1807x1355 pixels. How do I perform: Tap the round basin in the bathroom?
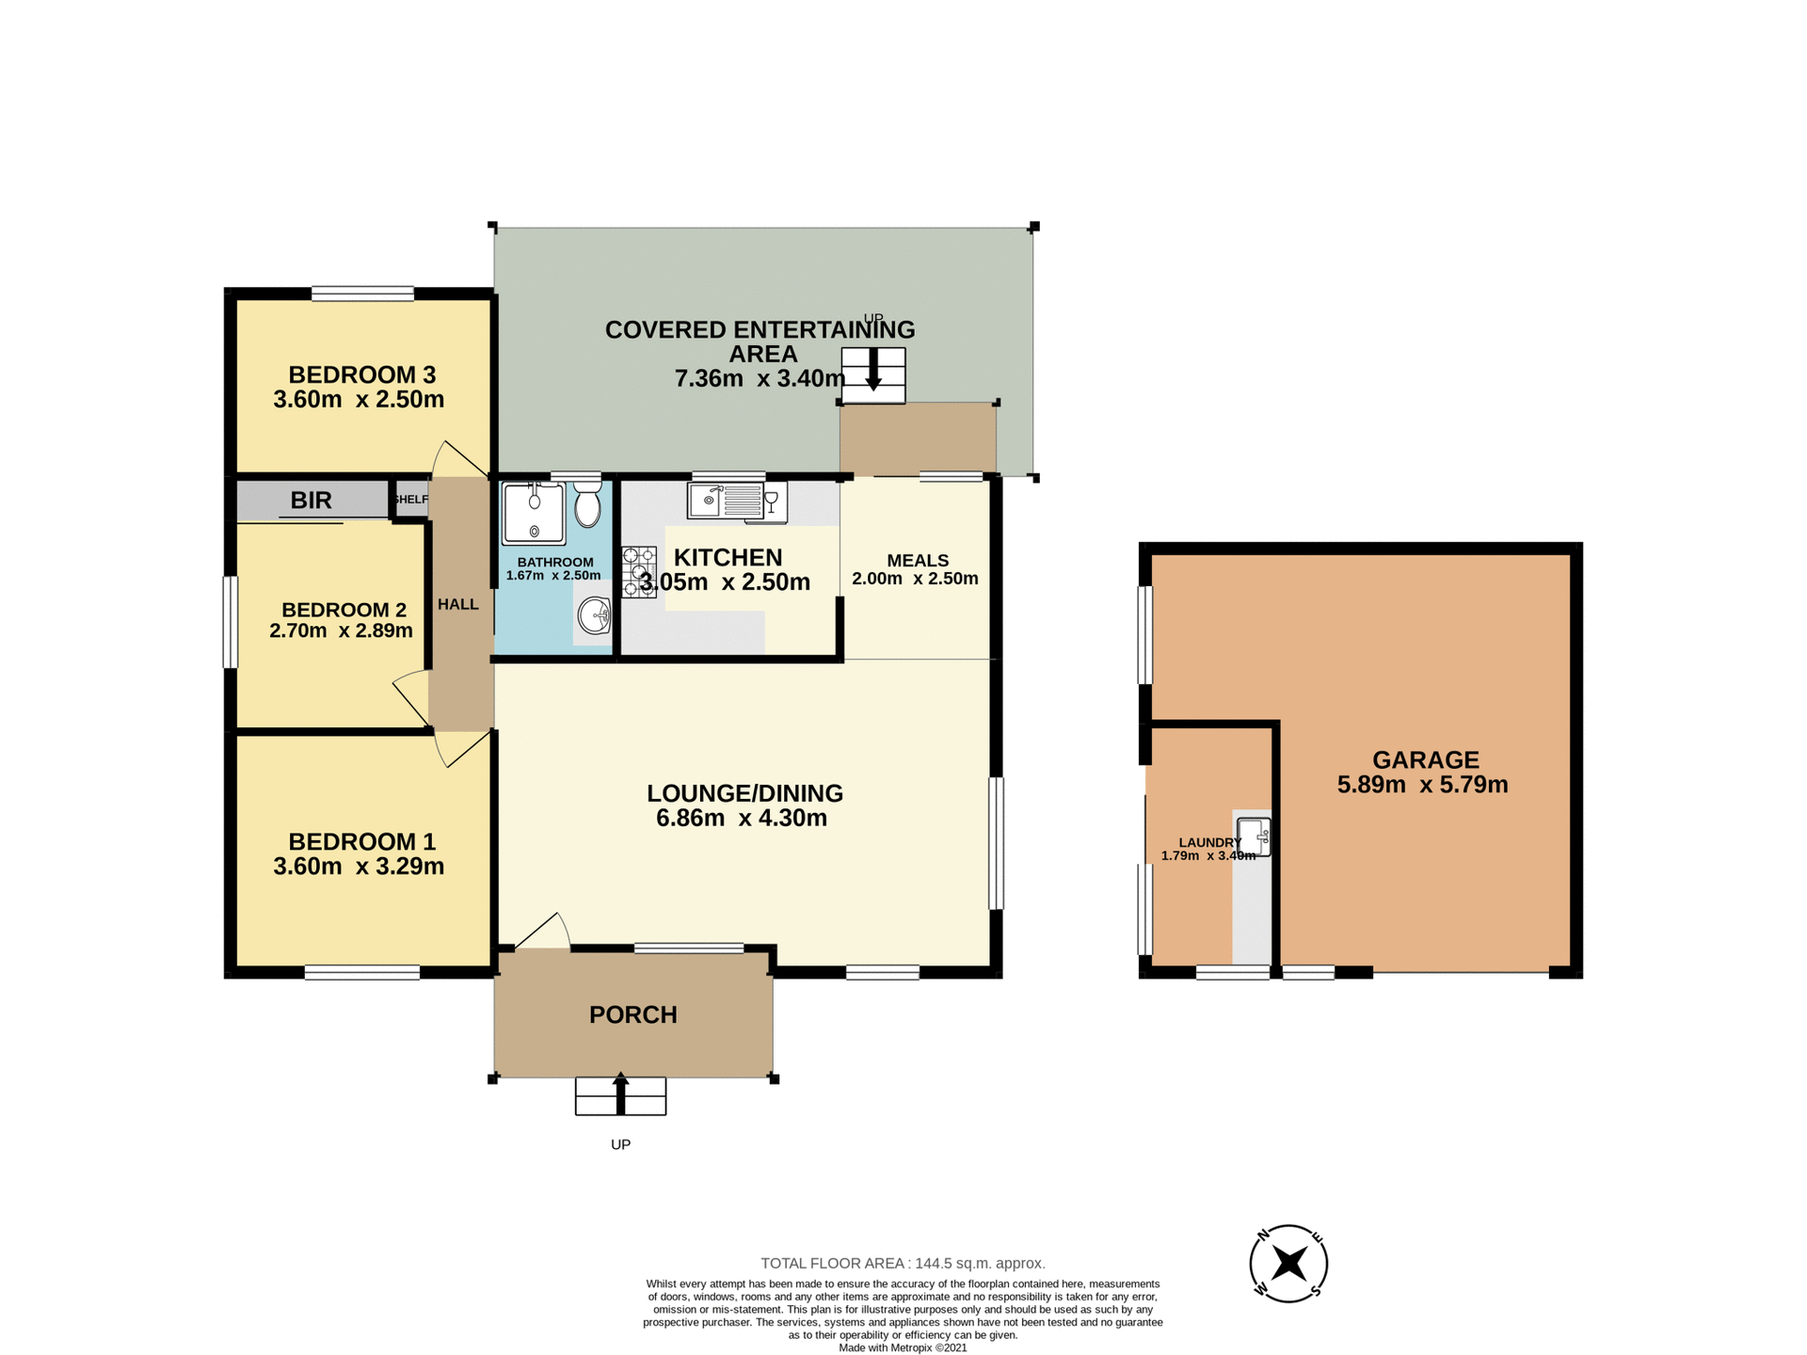click(595, 617)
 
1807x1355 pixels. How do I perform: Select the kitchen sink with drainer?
click(727, 501)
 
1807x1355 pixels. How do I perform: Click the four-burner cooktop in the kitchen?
click(639, 571)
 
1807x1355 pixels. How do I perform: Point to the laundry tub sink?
click(1254, 837)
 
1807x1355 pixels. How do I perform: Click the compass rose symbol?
click(1288, 1264)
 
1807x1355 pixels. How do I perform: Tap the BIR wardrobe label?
click(311, 501)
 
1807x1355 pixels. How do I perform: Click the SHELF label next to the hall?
click(410, 500)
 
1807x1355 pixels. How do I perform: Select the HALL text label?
click(458, 604)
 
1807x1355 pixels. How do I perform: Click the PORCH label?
click(633, 1014)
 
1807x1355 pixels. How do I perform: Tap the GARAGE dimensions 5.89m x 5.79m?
click(1422, 785)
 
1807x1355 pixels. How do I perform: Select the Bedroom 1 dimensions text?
click(359, 867)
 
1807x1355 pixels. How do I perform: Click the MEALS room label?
click(918, 561)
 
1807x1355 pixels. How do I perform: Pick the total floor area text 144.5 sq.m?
click(903, 1264)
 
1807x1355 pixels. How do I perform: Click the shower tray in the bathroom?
click(534, 514)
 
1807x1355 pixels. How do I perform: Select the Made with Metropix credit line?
click(903, 1347)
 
